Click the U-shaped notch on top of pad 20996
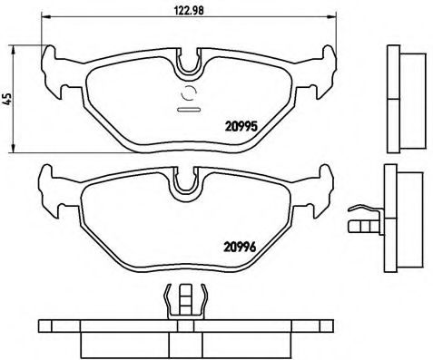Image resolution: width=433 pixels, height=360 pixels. pos(189,180)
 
